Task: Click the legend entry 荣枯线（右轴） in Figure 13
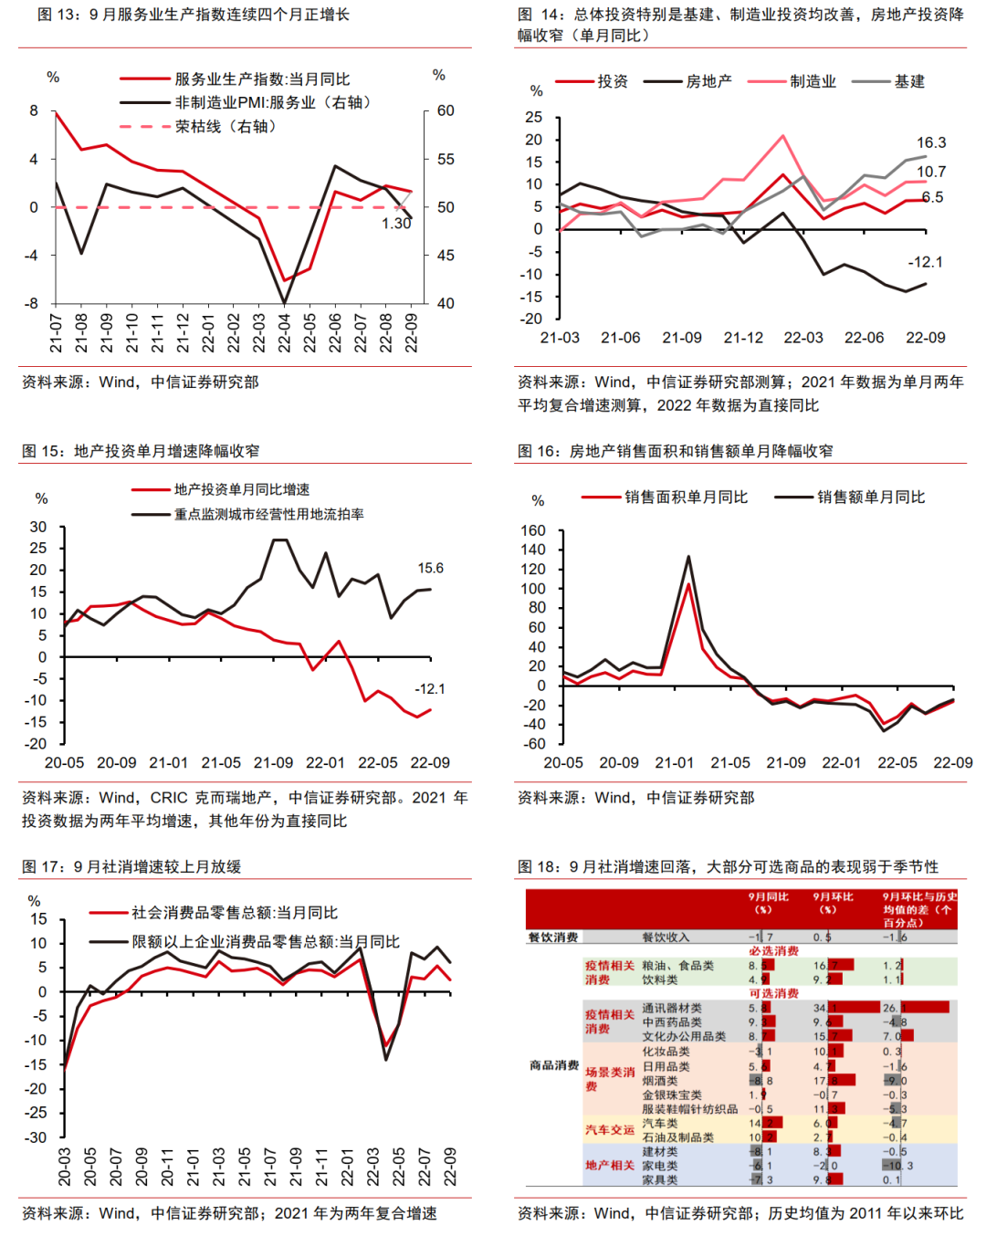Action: point(225,127)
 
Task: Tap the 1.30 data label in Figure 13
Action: point(396,224)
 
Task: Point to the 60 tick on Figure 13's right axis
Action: point(446,110)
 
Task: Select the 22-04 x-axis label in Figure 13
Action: point(285,334)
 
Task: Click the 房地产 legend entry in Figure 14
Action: point(708,81)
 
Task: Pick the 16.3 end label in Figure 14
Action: point(931,142)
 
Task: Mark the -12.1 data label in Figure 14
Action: point(925,262)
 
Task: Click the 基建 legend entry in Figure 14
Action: point(909,81)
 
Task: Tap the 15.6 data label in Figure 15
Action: point(430,568)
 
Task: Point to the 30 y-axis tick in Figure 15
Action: point(37,527)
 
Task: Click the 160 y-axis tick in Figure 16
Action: point(533,530)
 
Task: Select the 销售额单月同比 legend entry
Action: point(870,498)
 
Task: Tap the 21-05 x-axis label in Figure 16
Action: point(730,763)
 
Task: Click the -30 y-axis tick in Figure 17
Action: point(35,1137)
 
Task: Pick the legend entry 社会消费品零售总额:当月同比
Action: point(235,913)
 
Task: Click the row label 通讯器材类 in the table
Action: point(672,1008)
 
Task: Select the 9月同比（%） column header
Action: point(768,903)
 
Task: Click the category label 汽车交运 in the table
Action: point(609,1129)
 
